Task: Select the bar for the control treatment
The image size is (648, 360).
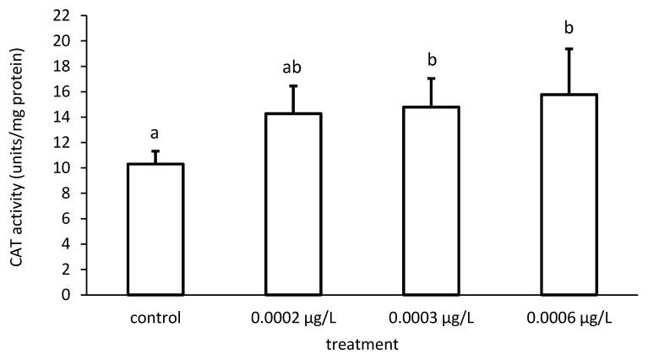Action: pos(155,229)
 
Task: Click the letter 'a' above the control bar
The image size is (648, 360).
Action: pos(155,134)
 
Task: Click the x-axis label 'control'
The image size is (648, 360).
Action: pos(155,319)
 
